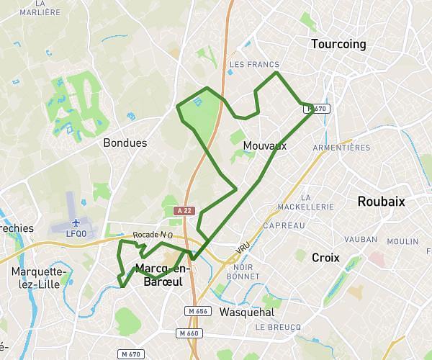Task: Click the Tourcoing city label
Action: [338, 45]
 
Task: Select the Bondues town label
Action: [125, 143]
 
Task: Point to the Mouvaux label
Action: [265, 146]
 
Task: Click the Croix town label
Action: [325, 257]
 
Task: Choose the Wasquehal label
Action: [246, 312]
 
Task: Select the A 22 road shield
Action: [185, 210]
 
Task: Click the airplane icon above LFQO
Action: [77, 222]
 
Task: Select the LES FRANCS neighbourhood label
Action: [253, 65]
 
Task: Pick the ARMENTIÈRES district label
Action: [342, 148]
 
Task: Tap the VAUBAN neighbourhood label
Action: [361, 238]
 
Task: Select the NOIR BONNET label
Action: [242, 271]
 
